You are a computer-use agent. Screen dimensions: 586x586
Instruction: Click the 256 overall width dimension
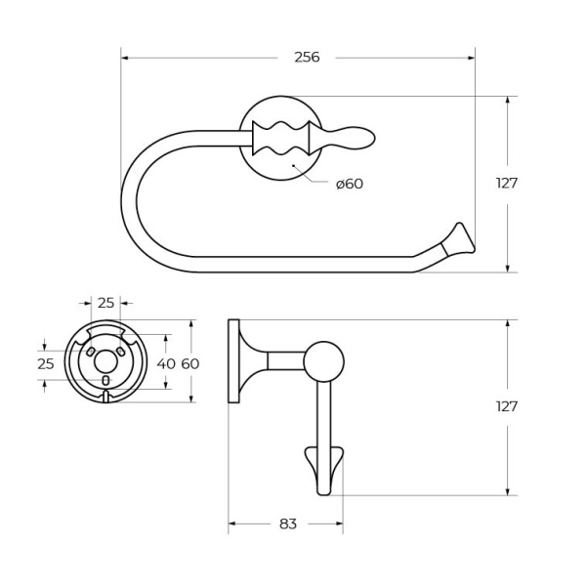pos(307,57)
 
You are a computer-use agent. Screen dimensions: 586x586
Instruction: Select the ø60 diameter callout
pos(349,184)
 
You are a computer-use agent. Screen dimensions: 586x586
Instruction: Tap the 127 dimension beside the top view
pos(506,183)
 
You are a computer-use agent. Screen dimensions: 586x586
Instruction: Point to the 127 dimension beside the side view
pos(506,406)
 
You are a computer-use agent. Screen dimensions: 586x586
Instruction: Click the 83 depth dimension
pos(287,523)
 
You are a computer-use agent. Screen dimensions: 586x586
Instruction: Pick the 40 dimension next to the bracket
pos(167,363)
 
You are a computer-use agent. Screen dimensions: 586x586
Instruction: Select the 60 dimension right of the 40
pos(189,363)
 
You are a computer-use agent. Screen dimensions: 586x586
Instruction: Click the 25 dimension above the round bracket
pos(105,303)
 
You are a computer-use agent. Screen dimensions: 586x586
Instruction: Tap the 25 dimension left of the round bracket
pos(45,363)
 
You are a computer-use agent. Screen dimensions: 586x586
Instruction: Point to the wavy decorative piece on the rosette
pos(281,138)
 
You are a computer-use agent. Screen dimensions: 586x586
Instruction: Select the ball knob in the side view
pos(323,360)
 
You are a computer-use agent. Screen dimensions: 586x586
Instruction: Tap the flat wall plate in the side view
pos(233,360)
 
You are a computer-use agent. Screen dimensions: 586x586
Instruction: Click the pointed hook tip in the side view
pos(324,469)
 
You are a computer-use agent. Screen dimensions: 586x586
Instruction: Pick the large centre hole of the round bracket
pos(105,362)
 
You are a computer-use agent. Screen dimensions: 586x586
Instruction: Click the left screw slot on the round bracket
pos(90,351)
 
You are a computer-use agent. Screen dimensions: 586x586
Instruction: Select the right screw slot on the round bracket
pos(121,351)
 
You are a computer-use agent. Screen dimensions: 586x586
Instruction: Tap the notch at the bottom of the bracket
pos(105,397)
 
